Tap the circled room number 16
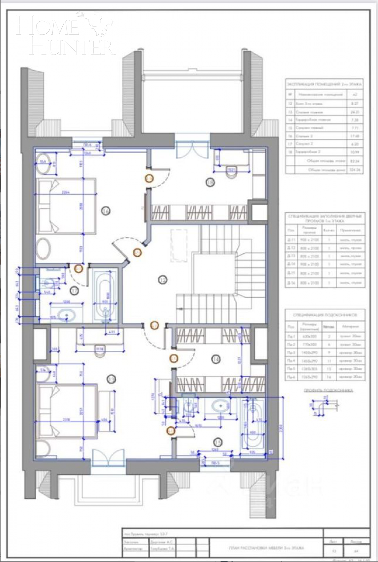(x=106, y=211)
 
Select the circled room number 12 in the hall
(x=163, y=279)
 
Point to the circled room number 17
(x=74, y=291)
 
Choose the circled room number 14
(x=216, y=359)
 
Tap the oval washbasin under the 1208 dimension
(x=66, y=315)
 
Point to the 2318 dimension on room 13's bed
(x=66, y=420)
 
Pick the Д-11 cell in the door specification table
(x=290, y=240)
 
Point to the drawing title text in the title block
(x=266, y=548)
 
